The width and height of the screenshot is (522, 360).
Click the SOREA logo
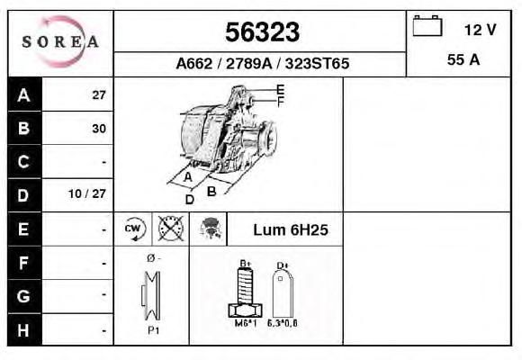(60, 41)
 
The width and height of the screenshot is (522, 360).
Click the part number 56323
(262, 32)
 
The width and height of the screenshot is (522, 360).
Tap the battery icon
(427, 25)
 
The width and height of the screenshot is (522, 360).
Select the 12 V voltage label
(480, 30)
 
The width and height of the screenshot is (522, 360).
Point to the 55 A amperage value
(463, 59)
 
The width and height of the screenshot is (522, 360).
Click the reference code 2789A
(248, 63)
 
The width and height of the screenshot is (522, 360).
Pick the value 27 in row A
(99, 95)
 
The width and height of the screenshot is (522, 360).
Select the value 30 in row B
(99, 129)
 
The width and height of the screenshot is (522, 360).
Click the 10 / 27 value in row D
(87, 193)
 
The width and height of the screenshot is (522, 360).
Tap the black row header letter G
(23, 296)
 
